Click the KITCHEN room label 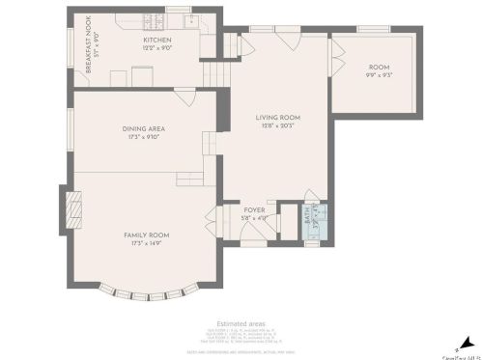(157, 40)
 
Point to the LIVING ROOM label (278, 118)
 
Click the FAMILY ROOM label (146, 235)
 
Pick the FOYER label (254, 209)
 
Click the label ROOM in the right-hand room (378, 67)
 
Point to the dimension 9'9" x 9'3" (378, 75)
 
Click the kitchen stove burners (152, 20)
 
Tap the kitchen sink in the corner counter (191, 20)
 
